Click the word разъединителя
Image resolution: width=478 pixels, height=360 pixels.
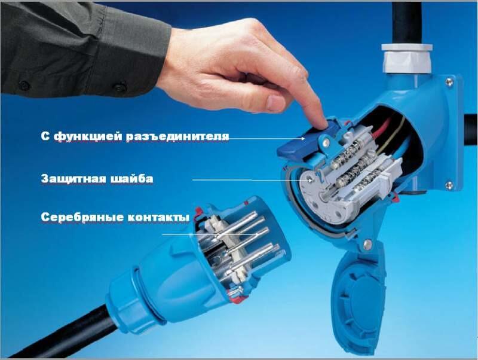pos(177,136)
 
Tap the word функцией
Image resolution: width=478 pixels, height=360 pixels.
pos(88,136)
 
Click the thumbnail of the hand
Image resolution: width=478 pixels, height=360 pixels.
pos(276,103)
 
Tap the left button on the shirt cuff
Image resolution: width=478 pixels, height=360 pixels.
pos(24,85)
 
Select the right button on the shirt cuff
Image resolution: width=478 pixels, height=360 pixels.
pos(120,87)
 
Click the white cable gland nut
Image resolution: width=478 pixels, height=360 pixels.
pos(407,59)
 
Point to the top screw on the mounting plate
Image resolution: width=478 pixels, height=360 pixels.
pos(449,81)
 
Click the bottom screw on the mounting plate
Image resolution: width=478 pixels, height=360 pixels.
pos(449,185)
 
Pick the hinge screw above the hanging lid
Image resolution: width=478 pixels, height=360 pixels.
pos(367,243)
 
